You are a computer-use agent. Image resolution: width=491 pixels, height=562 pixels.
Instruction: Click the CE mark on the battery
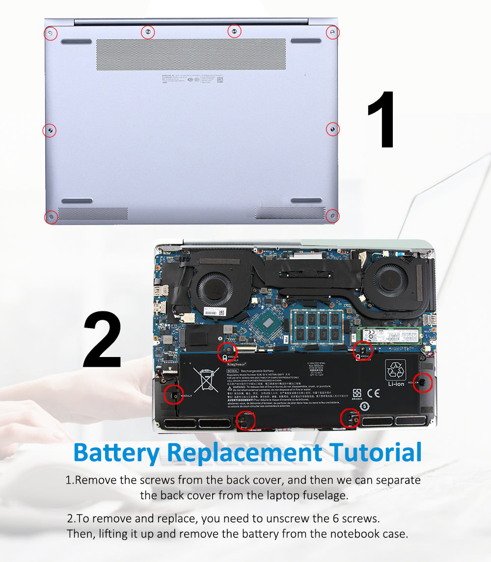point(373,392)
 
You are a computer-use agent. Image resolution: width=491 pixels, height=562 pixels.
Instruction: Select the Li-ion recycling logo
point(396,373)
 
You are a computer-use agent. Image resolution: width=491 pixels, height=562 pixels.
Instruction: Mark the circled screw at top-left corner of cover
point(51,33)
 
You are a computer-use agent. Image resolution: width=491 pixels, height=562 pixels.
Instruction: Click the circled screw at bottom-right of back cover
point(332,216)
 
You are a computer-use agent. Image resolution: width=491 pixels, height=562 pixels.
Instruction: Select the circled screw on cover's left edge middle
point(50,130)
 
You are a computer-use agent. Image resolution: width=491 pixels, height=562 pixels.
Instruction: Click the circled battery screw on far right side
point(422,383)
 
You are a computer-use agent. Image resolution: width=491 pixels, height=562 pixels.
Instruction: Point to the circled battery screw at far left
point(173,394)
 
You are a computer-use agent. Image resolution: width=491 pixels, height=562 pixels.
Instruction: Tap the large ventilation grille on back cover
point(191,54)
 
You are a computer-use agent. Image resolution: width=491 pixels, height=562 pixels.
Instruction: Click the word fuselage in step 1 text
point(323,495)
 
